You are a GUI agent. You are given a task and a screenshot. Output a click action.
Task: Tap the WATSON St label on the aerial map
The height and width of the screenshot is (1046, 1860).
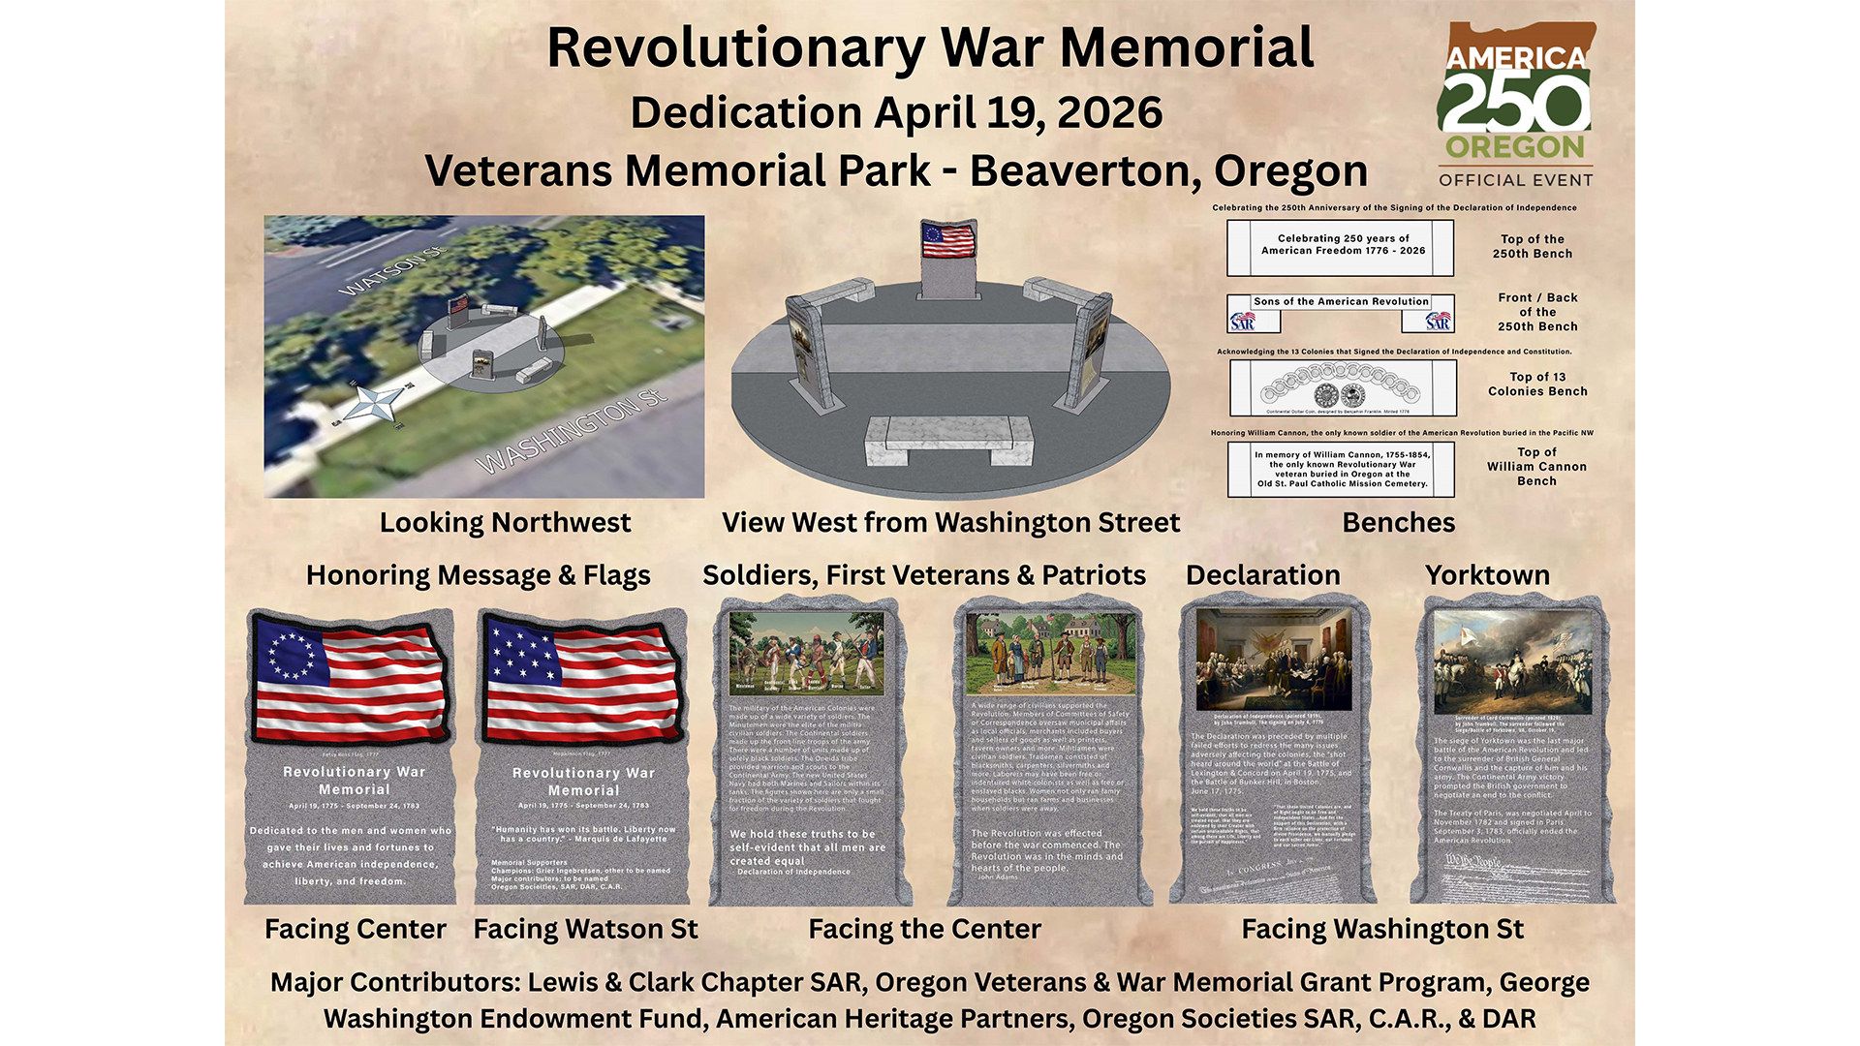pyautogui.click(x=391, y=272)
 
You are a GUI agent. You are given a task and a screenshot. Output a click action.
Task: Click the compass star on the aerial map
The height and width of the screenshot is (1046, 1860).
pyautogui.click(x=373, y=404)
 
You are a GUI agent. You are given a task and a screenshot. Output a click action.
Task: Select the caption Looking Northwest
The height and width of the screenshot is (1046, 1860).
pyautogui.click(x=505, y=523)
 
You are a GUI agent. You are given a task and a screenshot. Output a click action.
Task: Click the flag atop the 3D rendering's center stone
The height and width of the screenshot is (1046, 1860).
pyautogui.click(x=947, y=239)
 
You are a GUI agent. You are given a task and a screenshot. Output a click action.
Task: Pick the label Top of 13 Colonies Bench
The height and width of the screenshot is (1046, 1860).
pyautogui.click(x=1537, y=385)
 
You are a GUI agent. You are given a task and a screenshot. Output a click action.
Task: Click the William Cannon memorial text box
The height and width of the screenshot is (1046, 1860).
pyautogui.click(x=1341, y=470)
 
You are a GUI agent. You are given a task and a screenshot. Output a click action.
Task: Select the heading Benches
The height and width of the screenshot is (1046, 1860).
pyautogui.click(x=1398, y=523)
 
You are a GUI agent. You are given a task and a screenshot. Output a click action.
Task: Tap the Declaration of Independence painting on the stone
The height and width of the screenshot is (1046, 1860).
pyautogui.click(x=1273, y=661)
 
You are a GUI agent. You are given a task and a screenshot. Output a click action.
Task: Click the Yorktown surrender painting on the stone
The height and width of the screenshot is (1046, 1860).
pyautogui.click(x=1511, y=662)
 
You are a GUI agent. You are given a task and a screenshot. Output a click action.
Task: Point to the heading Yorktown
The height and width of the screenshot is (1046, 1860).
pyautogui.click(x=1487, y=575)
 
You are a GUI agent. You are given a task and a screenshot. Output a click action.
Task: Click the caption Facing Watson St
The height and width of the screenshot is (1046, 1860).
pyautogui.click(x=585, y=930)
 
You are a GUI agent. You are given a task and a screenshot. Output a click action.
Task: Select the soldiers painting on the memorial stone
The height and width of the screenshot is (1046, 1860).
pyautogui.click(x=807, y=652)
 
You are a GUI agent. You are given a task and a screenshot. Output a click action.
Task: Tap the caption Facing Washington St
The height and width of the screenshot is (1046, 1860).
pyautogui.click(x=1382, y=930)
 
